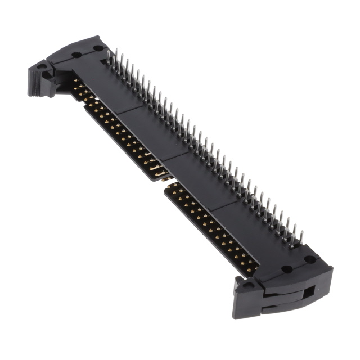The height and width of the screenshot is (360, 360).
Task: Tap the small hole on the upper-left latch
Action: pyautogui.click(x=42, y=66)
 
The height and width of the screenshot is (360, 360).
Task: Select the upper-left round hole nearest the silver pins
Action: pyautogui.click(x=98, y=48)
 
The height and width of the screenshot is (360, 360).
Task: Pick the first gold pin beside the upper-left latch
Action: pyautogui.click(x=75, y=83)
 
